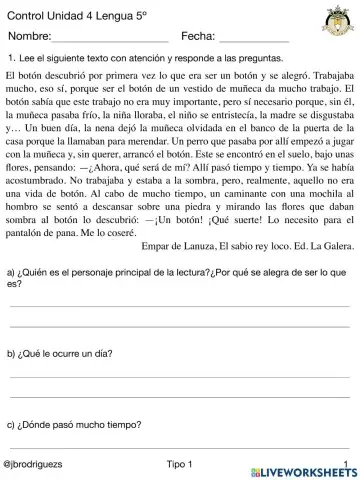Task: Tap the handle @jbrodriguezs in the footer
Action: tap(36, 465)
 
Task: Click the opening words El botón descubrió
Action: tap(47, 76)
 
